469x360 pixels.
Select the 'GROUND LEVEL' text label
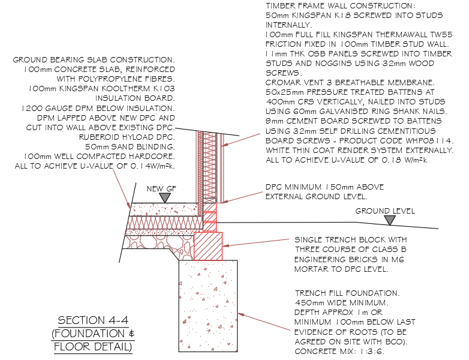coord(384,211)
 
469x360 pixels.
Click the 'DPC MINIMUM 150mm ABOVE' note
coord(324,187)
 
